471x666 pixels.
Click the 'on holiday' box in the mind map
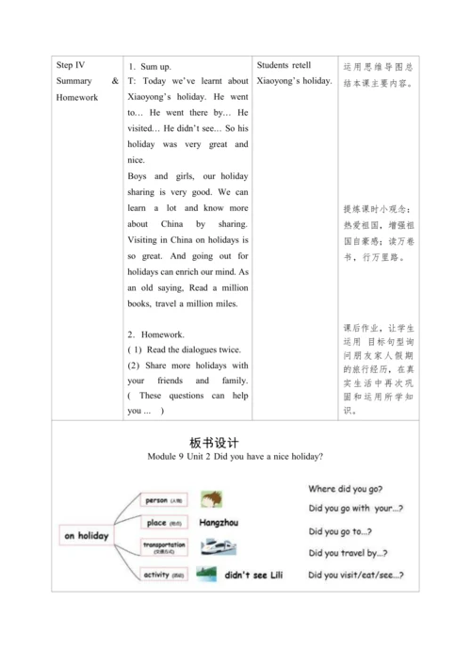88,535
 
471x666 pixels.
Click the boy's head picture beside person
211,498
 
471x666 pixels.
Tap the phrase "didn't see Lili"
252,574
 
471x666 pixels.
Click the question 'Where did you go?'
345,489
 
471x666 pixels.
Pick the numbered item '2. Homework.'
153,334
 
